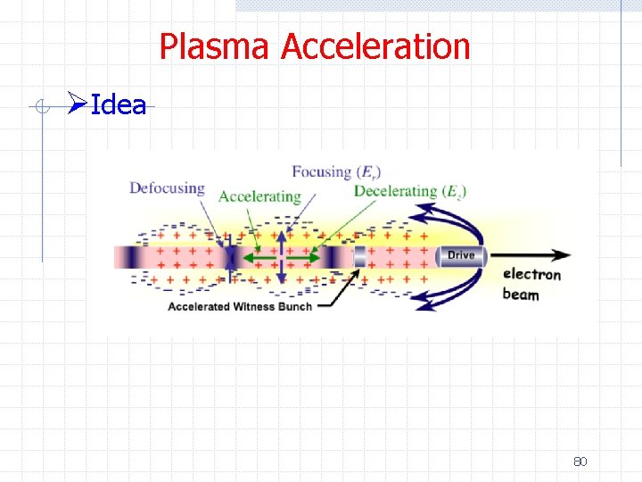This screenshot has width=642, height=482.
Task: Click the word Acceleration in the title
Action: point(375,46)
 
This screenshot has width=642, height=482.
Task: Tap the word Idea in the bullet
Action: point(119,105)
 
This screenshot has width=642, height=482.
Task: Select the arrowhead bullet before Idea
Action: point(78,105)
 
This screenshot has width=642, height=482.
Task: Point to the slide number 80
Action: point(580,461)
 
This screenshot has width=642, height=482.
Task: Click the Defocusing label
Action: point(167,188)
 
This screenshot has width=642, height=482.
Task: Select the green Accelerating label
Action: point(259,196)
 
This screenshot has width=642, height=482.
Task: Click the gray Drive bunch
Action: point(460,256)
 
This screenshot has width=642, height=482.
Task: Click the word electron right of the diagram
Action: point(531,274)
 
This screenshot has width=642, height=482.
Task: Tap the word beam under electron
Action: point(521,294)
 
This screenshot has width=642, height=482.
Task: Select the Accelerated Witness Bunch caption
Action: point(240,306)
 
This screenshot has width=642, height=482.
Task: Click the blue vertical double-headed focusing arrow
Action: point(283,257)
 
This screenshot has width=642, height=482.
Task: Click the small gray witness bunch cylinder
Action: point(359,257)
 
